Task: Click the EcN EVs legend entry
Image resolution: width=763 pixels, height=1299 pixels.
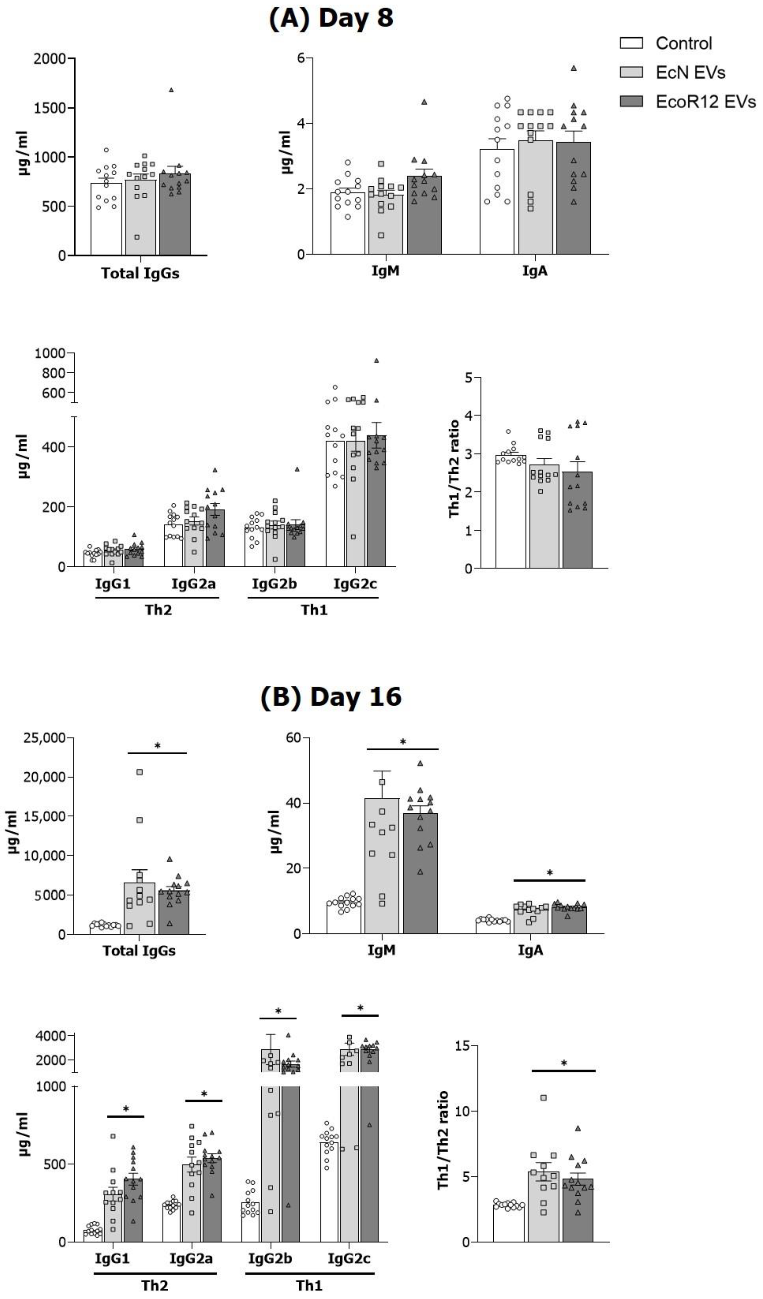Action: pyautogui.click(x=690, y=73)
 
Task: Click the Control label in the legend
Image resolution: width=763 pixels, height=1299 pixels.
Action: pyautogui.click(x=684, y=43)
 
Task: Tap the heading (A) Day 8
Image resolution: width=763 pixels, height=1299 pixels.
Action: pyautogui.click(x=331, y=18)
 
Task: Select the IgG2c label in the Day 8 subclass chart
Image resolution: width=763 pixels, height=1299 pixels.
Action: pyautogui.click(x=355, y=584)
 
